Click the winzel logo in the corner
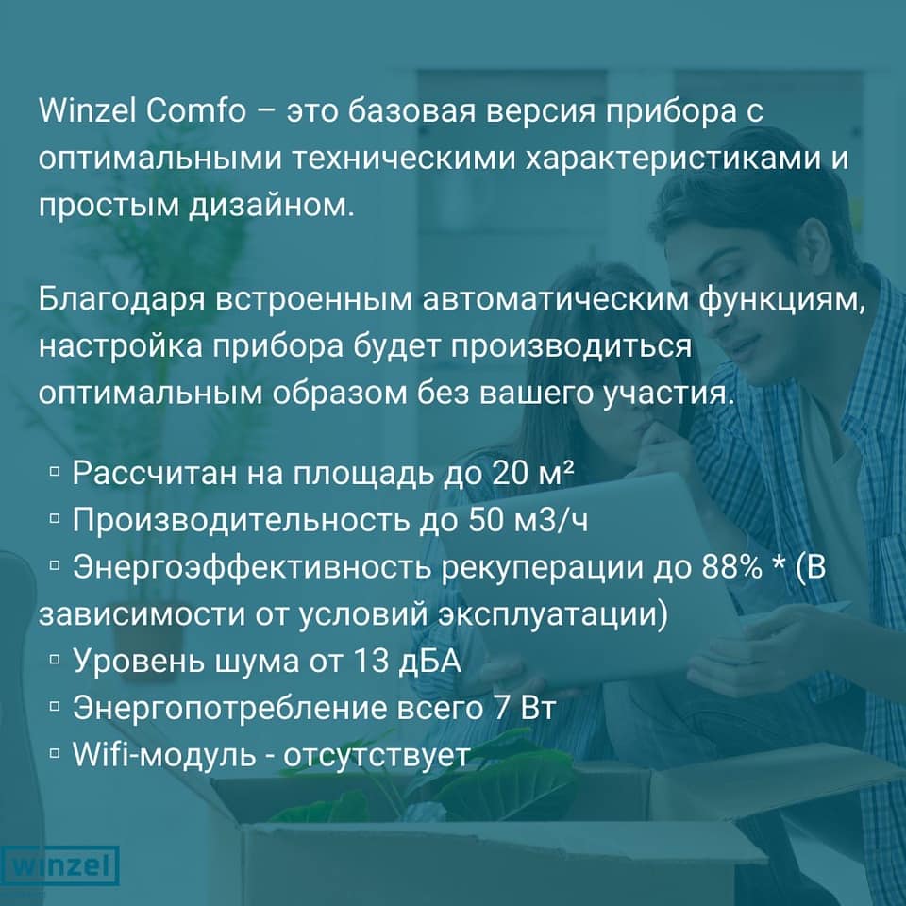[59, 865]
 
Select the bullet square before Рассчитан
[56, 473]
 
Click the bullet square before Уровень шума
[56, 660]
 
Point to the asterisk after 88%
[778, 564]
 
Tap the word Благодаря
[122, 300]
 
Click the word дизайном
[272, 206]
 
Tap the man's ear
[814, 243]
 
